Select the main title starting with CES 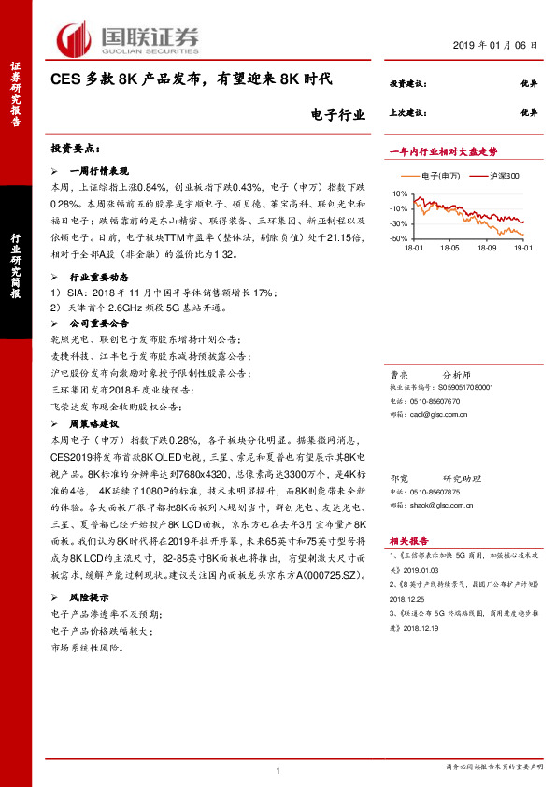tap(191, 82)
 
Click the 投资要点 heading tap(75, 149)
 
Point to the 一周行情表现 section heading tap(97, 172)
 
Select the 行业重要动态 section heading tap(97, 279)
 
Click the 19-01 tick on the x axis tap(520, 248)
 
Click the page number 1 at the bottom tap(278, 771)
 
